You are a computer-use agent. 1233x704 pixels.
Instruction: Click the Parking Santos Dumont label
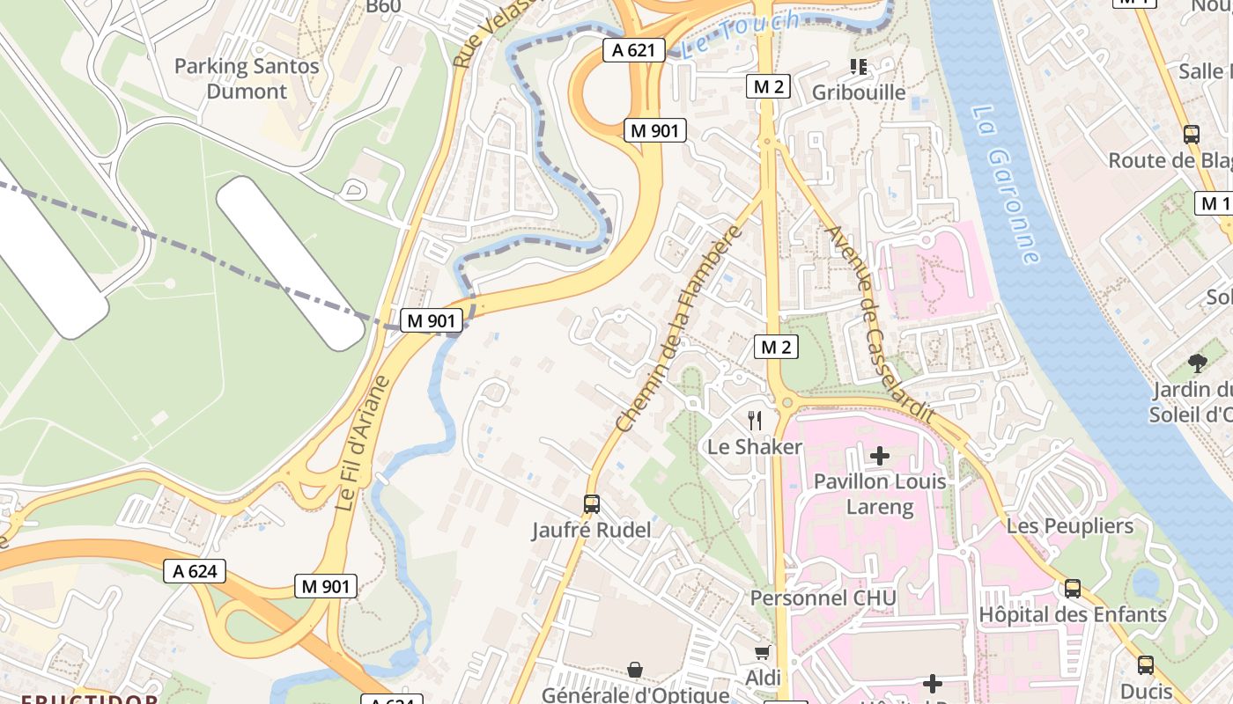click(x=247, y=78)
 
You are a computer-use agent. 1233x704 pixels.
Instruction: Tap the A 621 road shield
click(x=634, y=50)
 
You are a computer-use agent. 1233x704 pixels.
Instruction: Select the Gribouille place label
click(x=858, y=92)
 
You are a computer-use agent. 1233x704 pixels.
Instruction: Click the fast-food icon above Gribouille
click(x=858, y=66)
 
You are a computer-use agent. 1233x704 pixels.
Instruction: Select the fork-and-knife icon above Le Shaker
click(x=754, y=420)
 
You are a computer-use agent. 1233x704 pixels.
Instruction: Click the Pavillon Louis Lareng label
click(x=880, y=494)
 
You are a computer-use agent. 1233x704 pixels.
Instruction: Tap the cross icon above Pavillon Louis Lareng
click(x=879, y=456)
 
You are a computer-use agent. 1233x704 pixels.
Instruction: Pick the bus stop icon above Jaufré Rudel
click(x=592, y=504)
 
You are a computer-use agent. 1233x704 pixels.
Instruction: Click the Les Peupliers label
click(x=1070, y=526)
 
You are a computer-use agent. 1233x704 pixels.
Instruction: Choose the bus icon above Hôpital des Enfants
click(x=1073, y=589)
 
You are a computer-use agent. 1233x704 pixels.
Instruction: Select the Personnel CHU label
click(x=823, y=598)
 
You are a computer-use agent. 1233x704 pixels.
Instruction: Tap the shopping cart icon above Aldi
click(x=763, y=652)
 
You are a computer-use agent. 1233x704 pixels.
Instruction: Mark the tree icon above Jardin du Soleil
click(x=1197, y=362)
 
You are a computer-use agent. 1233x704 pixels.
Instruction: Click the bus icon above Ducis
click(x=1146, y=665)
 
